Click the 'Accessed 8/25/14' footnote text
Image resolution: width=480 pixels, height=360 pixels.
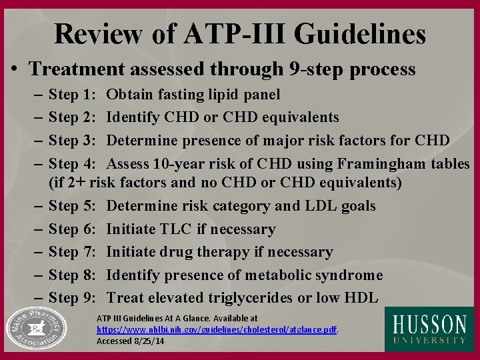[130, 339]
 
